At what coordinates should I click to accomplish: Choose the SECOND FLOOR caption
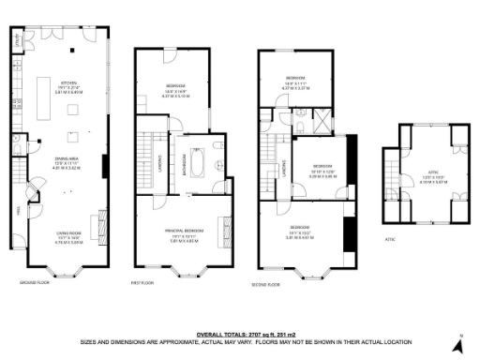[x=266, y=284]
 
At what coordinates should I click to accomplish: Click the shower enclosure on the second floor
[x=323, y=121]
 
